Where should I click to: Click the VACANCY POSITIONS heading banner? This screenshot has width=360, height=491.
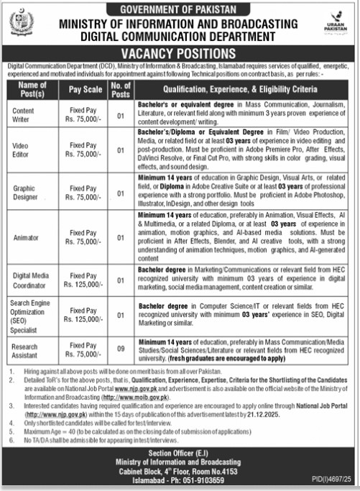pyautogui.click(x=180, y=52)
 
